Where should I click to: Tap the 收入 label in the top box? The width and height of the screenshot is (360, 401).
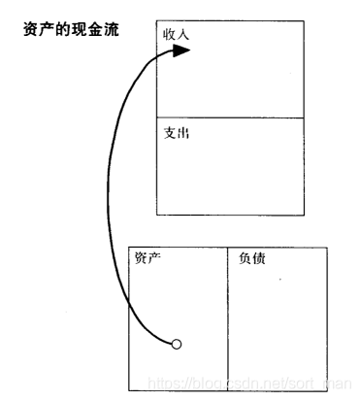click(x=177, y=35)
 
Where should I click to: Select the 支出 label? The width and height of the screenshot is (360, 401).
click(x=177, y=132)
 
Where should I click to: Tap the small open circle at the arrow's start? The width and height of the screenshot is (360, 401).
click(x=176, y=344)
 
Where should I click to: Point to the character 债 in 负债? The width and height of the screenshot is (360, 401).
click(x=258, y=259)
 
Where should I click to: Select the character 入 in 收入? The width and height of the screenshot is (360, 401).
click(x=183, y=35)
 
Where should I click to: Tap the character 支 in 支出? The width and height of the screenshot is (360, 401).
click(x=170, y=132)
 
